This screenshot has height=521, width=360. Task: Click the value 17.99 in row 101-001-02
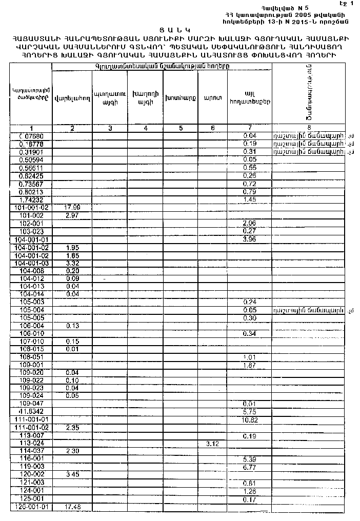click(x=72, y=207)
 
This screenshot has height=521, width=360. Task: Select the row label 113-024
click(x=32, y=443)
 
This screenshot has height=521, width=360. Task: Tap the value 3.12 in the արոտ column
click(x=212, y=443)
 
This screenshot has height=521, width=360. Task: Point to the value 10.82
click(x=249, y=419)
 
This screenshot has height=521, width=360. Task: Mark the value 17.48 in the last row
click(x=72, y=507)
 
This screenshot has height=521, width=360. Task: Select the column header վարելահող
click(x=72, y=97)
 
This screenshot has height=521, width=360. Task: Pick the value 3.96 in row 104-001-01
click(x=249, y=239)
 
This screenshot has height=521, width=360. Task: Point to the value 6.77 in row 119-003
click(x=249, y=467)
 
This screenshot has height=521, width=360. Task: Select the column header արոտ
click(x=212, y=97)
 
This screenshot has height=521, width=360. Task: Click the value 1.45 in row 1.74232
click(x=249, y=199)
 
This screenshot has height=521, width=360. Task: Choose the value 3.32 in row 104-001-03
click(x=72, y=263)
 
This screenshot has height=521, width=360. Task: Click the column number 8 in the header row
click(x=309, y=128)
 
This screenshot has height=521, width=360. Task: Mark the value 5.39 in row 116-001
click(x=249, y=458)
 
